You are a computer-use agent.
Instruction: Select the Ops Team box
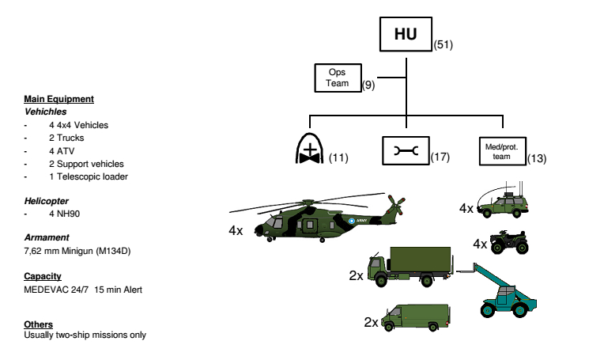pos(338,78)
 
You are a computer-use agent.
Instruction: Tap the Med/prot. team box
pos(501,151)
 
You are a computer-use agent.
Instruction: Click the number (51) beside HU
pos(443,44)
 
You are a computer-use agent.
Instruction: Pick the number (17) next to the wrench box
pos(440,157)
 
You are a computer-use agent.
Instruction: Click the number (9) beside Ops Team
pos(368,84)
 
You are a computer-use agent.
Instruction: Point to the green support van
pos(416,318)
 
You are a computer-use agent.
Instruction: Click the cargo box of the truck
pos(422,261)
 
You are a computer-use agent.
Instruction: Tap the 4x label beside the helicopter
pos(236,231)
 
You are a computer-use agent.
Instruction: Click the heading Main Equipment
pos(59,99)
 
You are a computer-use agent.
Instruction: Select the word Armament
pos(46,237)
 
